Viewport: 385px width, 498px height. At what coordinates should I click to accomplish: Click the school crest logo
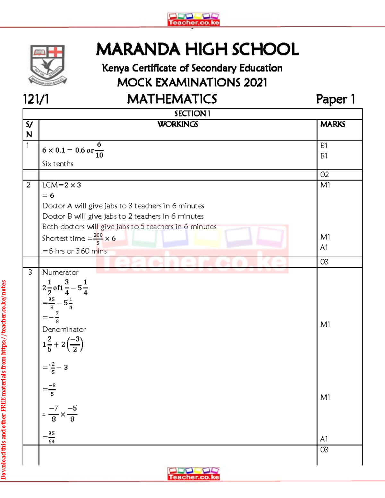pos(47,65)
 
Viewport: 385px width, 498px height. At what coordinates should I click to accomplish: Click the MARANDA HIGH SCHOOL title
pos(197,49)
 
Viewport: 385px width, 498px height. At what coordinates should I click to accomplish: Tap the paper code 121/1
pos(36,99)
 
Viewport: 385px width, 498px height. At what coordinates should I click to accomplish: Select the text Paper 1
pos(335,99)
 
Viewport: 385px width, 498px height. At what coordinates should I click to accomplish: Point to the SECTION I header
pos(192,114)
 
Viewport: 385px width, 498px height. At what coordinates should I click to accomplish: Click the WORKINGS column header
pos(178,124)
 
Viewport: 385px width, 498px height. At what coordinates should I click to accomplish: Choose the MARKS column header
pos(333,124)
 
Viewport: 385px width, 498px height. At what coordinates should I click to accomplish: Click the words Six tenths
pos(58,164)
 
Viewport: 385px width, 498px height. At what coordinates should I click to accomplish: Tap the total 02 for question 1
pos(324,175)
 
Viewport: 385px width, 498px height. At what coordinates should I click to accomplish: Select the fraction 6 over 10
pos(99,150)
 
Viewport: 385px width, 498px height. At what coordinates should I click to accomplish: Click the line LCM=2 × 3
pos(62,185)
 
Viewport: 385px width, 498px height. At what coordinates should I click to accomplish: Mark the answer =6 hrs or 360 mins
pos(74,251)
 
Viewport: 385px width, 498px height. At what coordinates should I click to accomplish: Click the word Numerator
pos(60,273)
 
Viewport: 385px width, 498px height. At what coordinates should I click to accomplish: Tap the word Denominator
pos(64,330)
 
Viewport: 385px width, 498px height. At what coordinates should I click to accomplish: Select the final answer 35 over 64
pos(51,437)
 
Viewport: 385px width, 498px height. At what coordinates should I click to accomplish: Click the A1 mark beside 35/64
pos(324,439)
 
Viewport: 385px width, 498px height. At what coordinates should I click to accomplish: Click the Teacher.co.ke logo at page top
pos(193,19)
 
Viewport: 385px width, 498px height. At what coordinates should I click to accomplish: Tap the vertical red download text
pos(4,380)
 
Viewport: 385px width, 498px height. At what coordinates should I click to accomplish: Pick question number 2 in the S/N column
pos(29,185)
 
